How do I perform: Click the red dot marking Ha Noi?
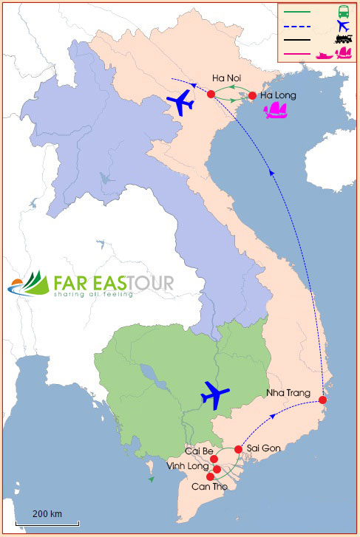(x=211, y=94)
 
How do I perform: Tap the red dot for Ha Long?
(x=252, y=95)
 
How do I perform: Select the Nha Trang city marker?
(x=322, y=400)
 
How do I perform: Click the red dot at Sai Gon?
(x=238, y=449)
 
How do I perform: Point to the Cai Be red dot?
(x=214, y=459)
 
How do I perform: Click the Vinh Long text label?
(x=186, y=467)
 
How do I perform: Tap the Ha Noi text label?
(x=225, y=78)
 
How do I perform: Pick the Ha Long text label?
(x=278, y=95)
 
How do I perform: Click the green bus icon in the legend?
(x=343, y=11)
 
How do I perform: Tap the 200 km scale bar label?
(x=47, y=513)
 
